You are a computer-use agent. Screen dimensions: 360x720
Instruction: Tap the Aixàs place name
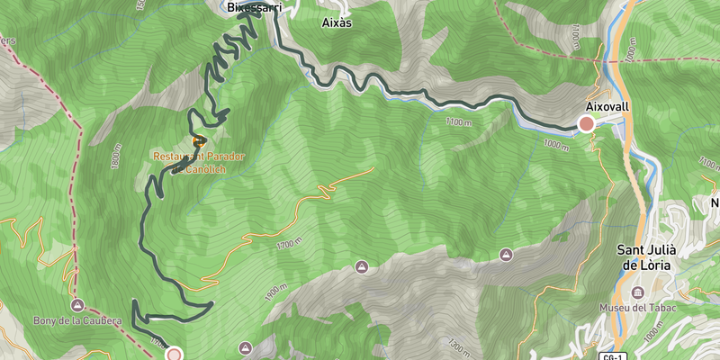pos(336,23)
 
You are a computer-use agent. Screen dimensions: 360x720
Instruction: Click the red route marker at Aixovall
pos(587,124)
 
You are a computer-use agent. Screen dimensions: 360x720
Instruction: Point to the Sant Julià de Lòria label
pos(652,257)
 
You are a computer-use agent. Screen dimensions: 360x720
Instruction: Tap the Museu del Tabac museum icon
pos(638,293)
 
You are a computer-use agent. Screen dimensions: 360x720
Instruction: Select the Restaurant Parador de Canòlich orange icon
pos(199,140)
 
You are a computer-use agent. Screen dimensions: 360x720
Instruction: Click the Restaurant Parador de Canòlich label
pos(199,161)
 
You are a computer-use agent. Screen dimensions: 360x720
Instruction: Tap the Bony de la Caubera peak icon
pos(77,304)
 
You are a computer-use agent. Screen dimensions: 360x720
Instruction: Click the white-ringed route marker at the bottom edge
pos(174,355)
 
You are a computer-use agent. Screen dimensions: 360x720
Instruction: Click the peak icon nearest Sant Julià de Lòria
pos(506,256)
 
